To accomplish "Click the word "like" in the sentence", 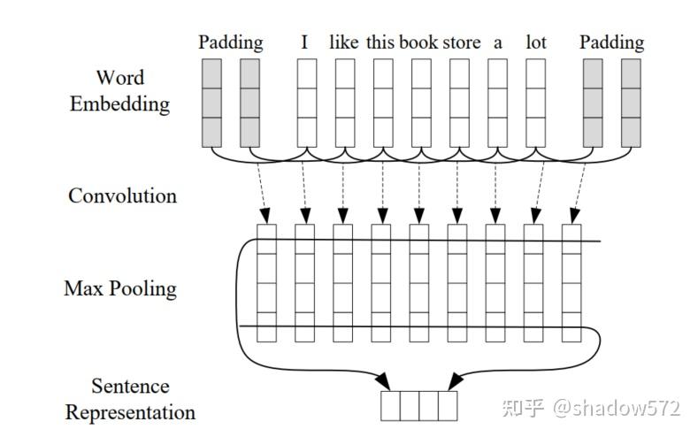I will click(x=343, y=42).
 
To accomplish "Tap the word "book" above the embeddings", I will click(x=418, y=42).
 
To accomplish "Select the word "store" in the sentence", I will click(x=462, y=42).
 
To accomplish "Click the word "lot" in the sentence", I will click(x=536, y=42).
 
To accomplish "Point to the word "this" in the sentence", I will click(x=380, y=42).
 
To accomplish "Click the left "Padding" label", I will click(x=230, y=42).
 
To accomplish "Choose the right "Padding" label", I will click(x=611, y=42).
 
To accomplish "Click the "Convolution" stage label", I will click(x=122, y=195).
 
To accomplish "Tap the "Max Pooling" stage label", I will click(x=120, y=288).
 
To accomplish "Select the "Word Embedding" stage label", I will click(x=119, y=91).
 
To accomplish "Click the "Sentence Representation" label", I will click(x=130, y=399).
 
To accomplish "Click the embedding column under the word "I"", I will click(x=306, y=103).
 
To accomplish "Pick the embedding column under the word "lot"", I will click(x=535, y=103).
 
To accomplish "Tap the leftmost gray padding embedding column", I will click(x=211, y=103).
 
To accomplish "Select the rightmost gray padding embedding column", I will click(x=631, y=103).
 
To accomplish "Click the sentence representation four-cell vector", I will click(x=419, y=405).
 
